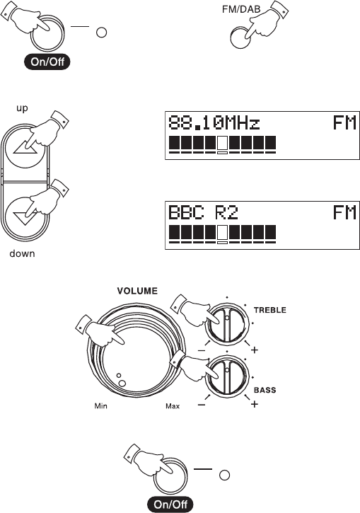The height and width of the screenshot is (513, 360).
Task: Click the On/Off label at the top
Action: (47, 62)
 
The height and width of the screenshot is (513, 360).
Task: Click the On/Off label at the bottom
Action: (170, 505)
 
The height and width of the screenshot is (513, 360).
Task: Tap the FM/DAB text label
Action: (241, 9)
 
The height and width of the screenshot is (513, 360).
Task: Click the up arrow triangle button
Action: (25, 149)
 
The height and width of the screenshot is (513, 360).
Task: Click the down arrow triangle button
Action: (25, 218)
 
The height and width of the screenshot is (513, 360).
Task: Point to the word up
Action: (22, 108)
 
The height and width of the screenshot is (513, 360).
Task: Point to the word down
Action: (22, 253)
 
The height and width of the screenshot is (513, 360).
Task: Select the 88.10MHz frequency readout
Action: (214, 123)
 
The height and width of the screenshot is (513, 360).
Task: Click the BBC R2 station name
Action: (203, 212)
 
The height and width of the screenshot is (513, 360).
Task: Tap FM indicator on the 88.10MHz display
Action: (344, 123)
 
